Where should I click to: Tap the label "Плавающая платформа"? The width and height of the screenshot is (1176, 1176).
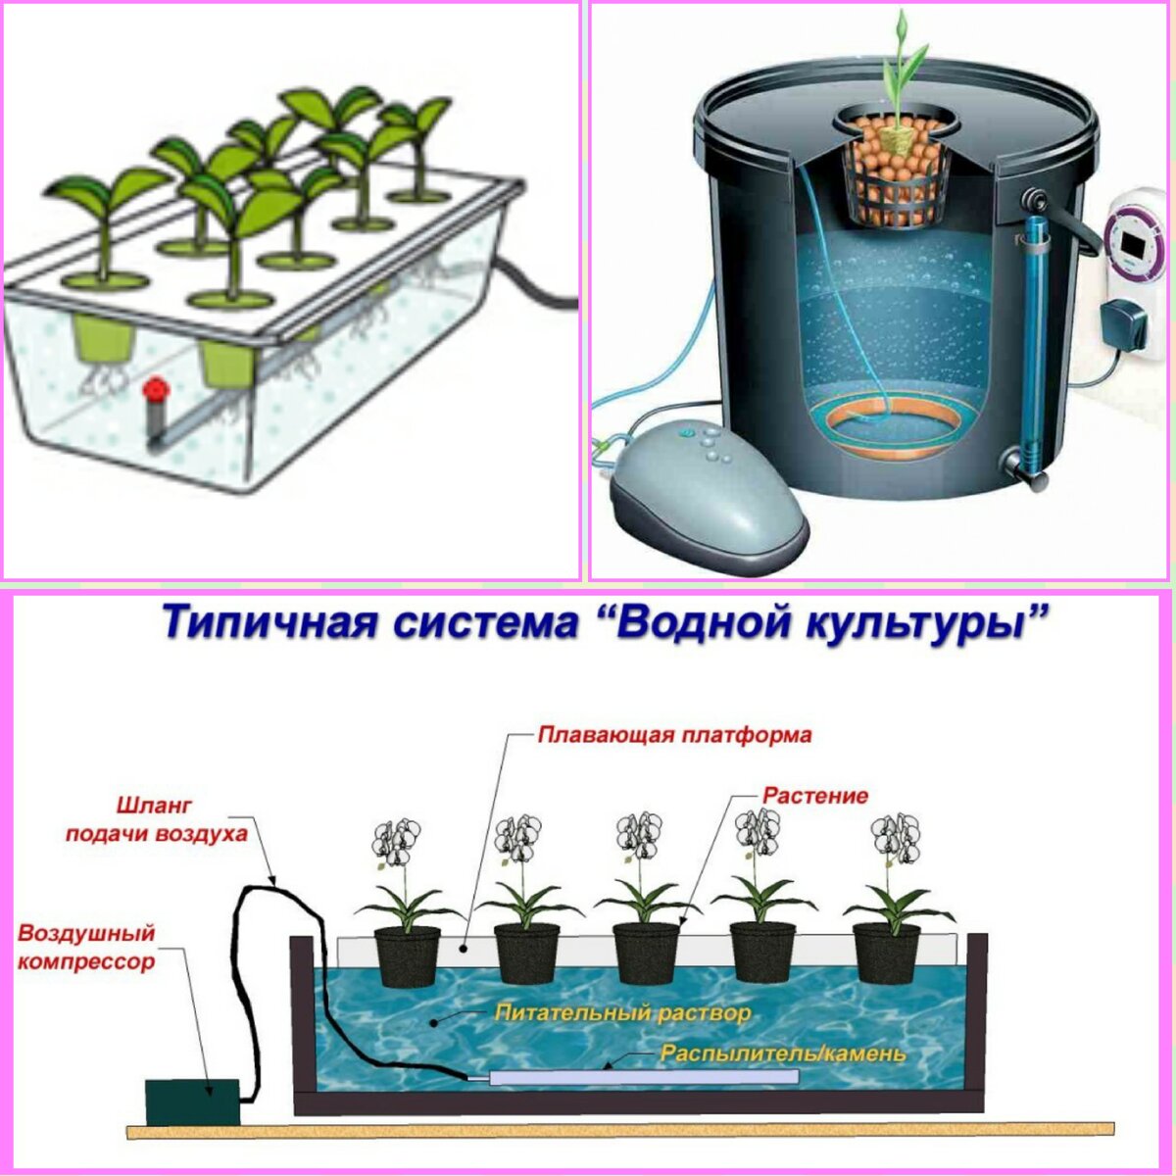674,734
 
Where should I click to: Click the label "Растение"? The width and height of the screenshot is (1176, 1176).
815,795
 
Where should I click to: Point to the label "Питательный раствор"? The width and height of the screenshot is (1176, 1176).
623,1011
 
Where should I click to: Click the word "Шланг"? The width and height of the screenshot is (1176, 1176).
154,806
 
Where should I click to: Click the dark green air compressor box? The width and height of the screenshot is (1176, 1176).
192,1102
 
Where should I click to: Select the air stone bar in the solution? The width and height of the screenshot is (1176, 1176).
643,1077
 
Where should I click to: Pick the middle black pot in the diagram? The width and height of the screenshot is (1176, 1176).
646,952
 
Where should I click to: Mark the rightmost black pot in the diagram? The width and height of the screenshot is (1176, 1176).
886,952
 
